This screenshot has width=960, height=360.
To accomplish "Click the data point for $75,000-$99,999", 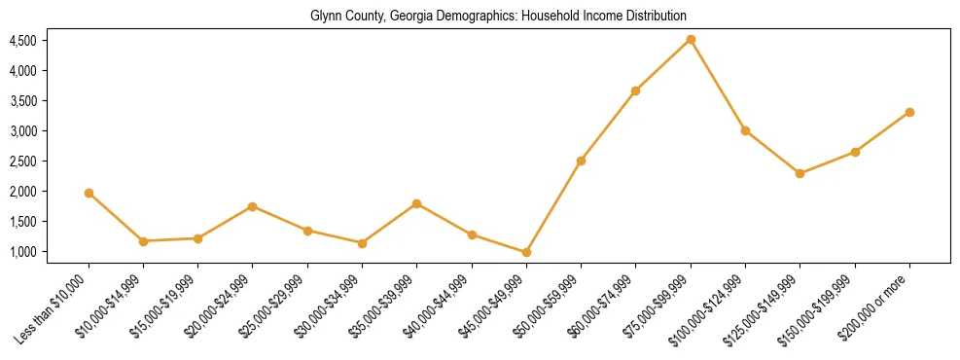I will [691, 39].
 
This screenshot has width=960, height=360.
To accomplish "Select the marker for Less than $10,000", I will [89, 193].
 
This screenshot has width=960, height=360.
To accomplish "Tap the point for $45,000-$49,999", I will [526, 252].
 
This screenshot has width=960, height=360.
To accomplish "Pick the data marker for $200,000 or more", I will [909, 112].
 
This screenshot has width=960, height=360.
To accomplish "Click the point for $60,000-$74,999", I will [635, 90].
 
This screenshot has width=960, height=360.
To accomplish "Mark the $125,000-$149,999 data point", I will [800, 173].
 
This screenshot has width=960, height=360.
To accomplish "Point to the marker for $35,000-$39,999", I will [416, 203].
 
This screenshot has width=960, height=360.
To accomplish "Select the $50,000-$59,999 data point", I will [581, 161].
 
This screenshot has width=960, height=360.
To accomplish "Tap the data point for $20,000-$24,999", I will [253, 206].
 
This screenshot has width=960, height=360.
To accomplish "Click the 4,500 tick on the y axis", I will [22, 41].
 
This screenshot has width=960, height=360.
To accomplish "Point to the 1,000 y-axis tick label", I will [22, 252].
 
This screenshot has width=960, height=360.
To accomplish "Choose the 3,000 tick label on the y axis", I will [22, 131].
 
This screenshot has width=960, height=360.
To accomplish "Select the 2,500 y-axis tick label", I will [22, 162].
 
